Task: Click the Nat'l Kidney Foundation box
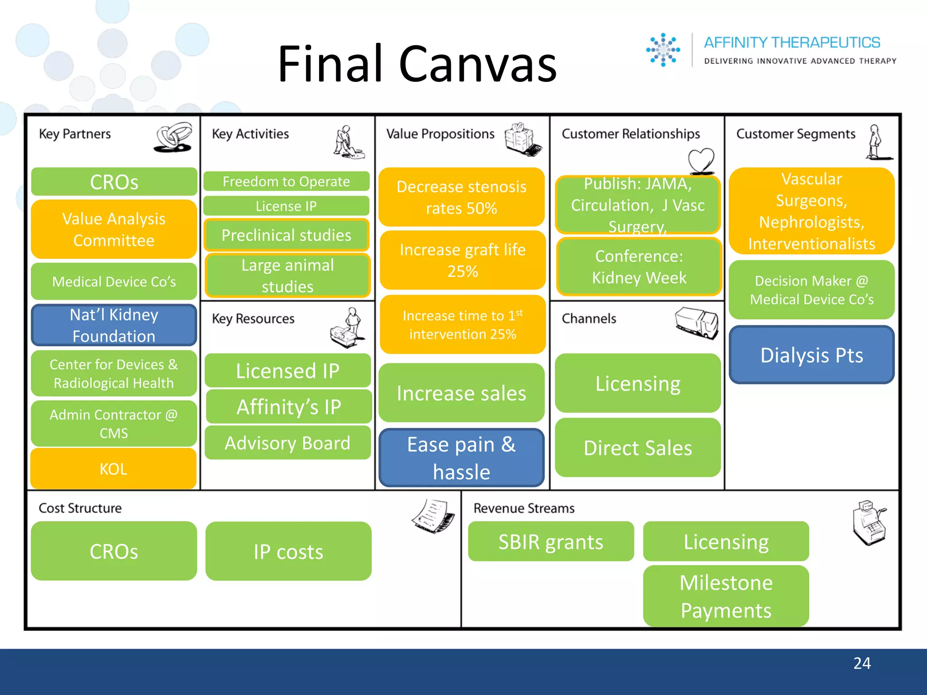tap(114, 325)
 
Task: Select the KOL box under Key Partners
tap(114, 469)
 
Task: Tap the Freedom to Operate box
tap(286, 181)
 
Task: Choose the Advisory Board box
tap(288, 443)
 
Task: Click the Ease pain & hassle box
tap(461, 458)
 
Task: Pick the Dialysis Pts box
tap(812, 355)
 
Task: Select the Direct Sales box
tap(638, 448)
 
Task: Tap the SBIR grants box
tap(551, 542)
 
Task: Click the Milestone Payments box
tap(726, 596)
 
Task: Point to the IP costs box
tap(288, 552)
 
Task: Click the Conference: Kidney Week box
tap(639, 267)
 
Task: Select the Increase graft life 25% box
tap(463, 260)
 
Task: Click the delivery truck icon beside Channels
tap(697, 323)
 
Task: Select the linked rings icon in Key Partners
tap(174, 137)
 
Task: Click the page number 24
tap(862, 663)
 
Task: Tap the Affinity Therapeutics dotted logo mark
tap(663, 50)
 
